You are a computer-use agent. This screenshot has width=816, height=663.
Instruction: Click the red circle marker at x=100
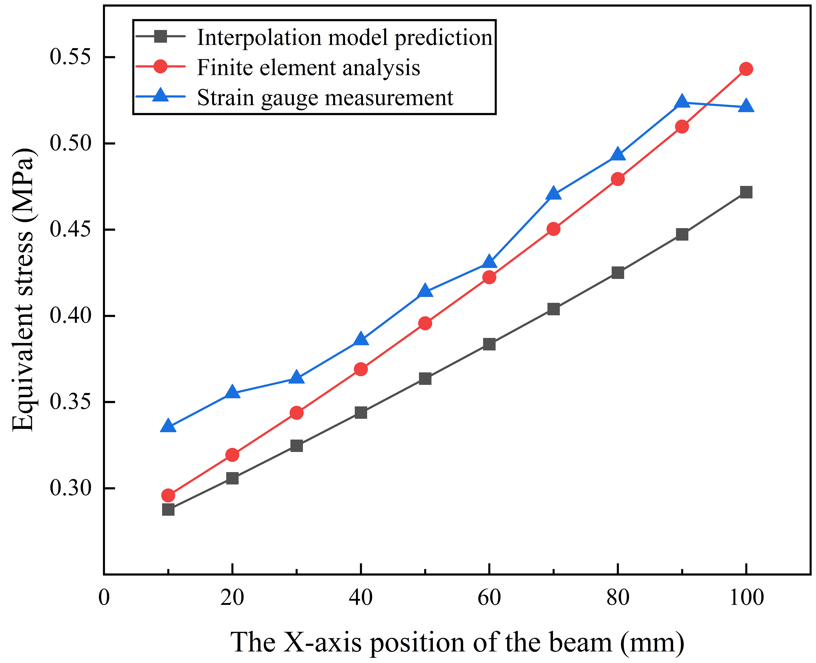pos(746,69)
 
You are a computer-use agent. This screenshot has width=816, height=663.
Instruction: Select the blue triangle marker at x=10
pos(168,426)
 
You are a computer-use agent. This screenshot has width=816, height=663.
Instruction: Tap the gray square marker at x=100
pos(746,192)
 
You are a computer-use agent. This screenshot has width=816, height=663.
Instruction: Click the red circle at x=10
pos(168,496)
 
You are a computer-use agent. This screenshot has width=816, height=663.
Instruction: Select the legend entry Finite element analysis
pos(308,68)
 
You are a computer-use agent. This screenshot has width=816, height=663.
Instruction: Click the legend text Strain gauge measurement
pos(325,98)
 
